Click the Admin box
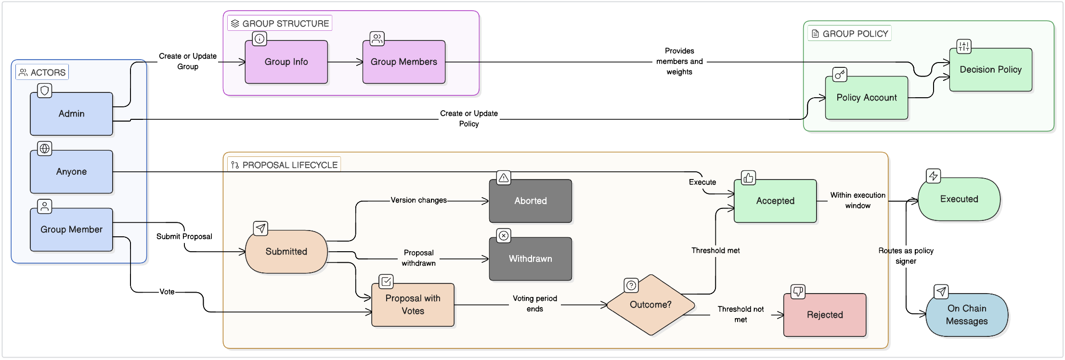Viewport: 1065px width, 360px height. click(x=71, y=114)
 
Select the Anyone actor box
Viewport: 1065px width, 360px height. click(x=71, y=172)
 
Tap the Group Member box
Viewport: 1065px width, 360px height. click(x=71, y=230)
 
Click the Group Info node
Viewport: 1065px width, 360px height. click(x=286, y=62)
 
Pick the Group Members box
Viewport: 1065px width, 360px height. click(x=403, y=62)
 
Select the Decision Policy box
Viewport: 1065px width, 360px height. click(x=990, y=70)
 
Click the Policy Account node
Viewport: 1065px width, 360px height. click(x=866, y=98)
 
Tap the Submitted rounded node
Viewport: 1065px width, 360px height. click(x=286, y=252)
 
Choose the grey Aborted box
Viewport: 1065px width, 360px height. click(x=530, y=201)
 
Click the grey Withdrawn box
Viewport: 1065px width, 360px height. click(x=530, y=259)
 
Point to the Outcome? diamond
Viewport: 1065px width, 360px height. click(x=650, y=305)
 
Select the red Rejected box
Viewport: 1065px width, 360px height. click(x=824, y=315)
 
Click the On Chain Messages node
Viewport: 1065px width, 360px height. click(x=966, y=315)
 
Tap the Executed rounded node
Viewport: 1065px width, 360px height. click(x=959, y=199)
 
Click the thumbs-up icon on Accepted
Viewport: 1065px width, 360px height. click(x=748, y=178)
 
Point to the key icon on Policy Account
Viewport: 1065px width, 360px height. click(x=840, y=75)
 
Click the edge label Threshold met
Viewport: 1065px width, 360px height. click(x=715, y=251)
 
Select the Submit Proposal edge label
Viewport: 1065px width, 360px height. click(x=184, y=237)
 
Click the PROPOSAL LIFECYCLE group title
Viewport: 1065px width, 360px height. click(x=289, y=165)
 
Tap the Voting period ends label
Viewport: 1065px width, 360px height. click(x=534, y=304)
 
